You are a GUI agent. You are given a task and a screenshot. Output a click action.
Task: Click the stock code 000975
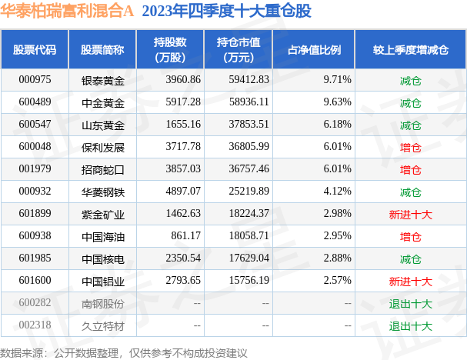coord(35,79)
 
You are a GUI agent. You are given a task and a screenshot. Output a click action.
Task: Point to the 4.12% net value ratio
coord(335,191)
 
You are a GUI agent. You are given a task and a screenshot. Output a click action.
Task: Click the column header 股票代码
coord(35,49)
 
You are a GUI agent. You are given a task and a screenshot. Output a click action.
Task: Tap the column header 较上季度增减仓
coord(410,49)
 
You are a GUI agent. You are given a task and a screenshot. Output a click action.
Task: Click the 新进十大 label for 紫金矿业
coord(410,213)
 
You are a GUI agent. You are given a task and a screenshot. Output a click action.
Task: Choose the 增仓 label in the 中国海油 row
coord(410,235)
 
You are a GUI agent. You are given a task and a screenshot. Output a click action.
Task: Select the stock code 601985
coord(35,258)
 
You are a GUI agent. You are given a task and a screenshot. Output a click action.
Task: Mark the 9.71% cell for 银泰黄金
coord(335,79)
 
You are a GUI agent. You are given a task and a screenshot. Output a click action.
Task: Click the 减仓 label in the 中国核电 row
coord(410,258)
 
